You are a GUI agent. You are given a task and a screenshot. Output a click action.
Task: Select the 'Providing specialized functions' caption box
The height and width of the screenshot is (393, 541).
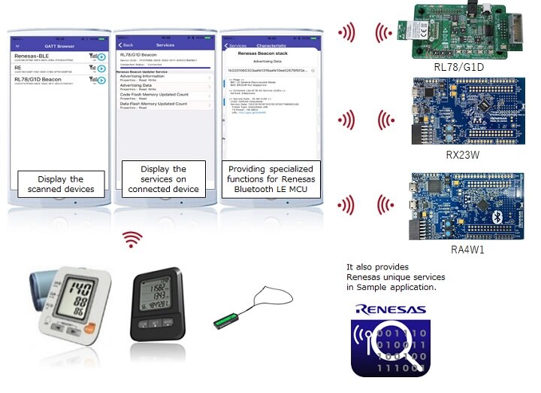[272, 178]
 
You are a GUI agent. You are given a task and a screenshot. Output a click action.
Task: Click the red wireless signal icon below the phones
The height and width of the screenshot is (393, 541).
[133, 239]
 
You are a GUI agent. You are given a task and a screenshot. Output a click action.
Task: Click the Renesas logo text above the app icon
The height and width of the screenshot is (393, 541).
[391, 309]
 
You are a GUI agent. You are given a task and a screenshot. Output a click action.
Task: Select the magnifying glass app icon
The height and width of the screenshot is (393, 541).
[391, 347]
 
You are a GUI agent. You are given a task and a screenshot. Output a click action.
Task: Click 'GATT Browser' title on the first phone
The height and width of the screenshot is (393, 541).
[60, 45]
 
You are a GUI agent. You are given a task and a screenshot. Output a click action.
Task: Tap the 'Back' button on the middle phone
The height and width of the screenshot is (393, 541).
[126, 45]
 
